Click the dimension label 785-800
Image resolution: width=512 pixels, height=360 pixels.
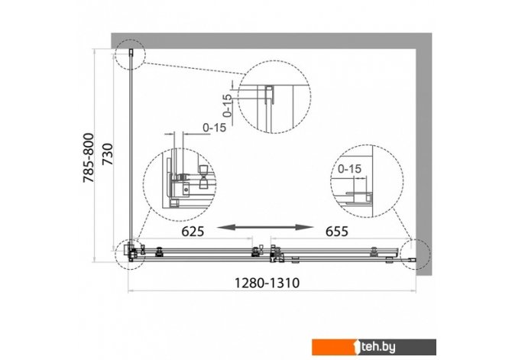click(89, 157)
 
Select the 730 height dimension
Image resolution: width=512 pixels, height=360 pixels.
click(108, 154)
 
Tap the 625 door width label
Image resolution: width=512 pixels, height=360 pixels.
click(193, 232)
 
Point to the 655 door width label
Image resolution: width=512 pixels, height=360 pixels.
click(337, 232)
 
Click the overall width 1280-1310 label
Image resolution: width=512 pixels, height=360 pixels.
click(267, 283)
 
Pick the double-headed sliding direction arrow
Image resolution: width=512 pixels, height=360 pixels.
click(265, 227)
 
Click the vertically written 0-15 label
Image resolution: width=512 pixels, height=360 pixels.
click(227, 105)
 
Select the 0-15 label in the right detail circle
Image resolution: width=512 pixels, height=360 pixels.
click(349, 169)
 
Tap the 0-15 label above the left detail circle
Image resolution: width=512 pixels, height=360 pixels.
click(214, 128)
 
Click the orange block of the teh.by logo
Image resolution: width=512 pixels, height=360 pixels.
click(335, 347)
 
